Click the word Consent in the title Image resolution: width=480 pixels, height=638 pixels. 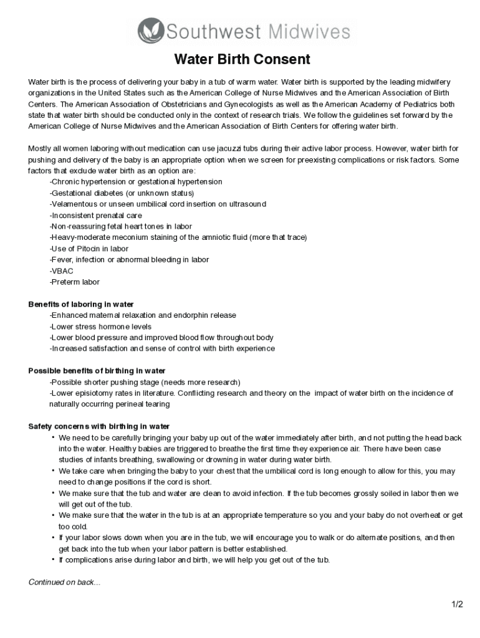279,60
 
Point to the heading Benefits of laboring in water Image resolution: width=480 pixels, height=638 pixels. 81,305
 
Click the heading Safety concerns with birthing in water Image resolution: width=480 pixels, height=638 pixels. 99,427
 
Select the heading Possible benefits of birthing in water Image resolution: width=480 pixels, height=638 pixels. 97,371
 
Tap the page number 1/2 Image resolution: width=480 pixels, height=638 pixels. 458,604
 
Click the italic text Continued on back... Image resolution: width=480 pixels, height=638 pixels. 64,583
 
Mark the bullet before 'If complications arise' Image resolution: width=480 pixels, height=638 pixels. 54,559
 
